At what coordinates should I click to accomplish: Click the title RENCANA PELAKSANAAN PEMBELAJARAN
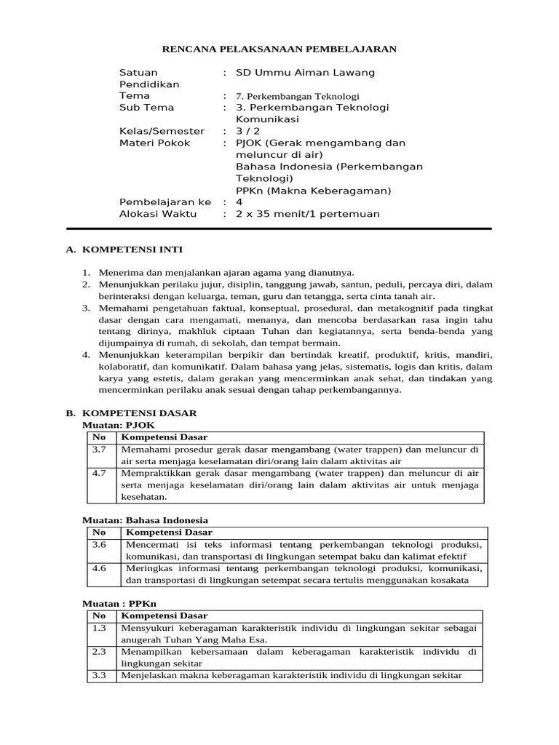click(279, 49)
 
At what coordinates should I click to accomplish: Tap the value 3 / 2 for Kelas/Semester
click(248, 132)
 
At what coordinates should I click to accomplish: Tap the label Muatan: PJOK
click(119, 424)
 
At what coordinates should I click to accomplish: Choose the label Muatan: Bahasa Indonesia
click(146, 520)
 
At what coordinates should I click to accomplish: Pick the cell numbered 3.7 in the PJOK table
click(100, 450)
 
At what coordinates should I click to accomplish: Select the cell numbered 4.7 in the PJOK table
click(100, 473)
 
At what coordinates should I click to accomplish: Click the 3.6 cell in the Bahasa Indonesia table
click(100, 544)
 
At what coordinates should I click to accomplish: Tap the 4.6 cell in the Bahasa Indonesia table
click(100, 568)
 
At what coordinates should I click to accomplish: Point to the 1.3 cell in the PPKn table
click(100, 627)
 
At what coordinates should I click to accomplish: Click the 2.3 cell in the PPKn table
click(100, 651)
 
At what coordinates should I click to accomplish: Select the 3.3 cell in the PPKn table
click(100, 676)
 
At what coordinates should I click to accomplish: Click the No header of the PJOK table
click(99, 437)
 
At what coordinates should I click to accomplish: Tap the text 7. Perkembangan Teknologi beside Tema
click(298, 96)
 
